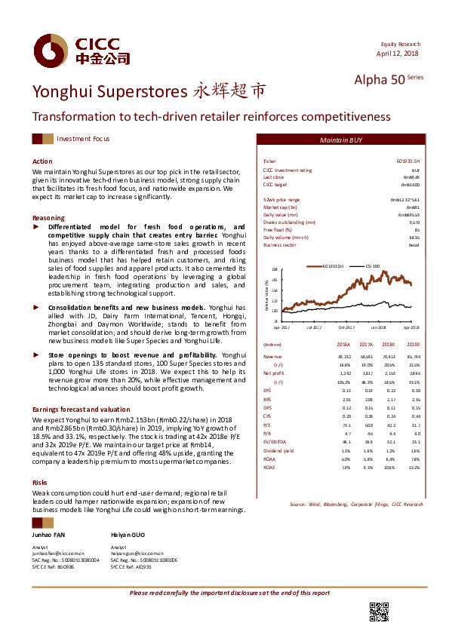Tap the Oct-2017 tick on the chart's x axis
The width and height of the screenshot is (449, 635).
[x=346, y=327]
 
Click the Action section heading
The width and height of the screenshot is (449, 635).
[x=42, y=161]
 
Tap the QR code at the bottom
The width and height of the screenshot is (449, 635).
[x=378, y=612]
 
